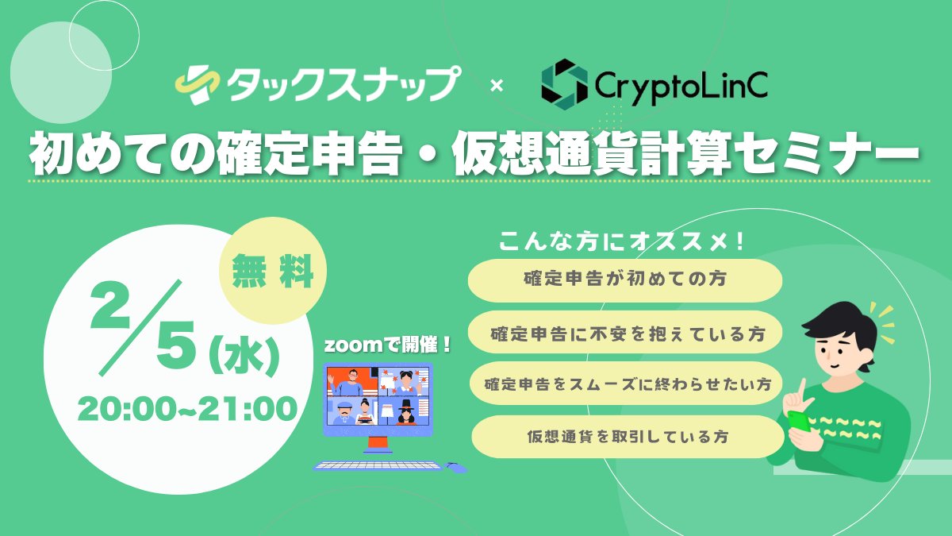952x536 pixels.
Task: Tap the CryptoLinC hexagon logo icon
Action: click(x=564, y=82)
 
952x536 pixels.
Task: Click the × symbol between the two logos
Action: click(x=497, y=85)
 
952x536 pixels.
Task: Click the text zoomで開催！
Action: click(x=388, y=345)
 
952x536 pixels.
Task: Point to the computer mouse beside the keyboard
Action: click(x=455, y=466)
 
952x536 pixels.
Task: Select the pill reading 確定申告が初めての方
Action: click(x=625, y=280)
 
